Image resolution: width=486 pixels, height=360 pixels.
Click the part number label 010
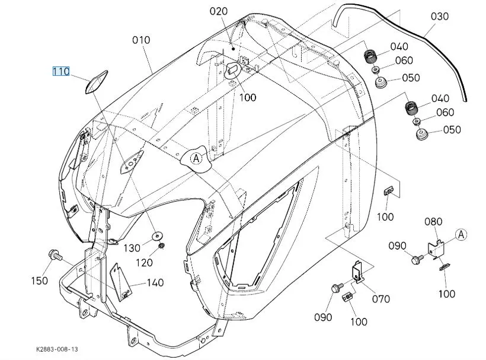click(x=141, y=40)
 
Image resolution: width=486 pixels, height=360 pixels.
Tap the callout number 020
click(x=218, y=11)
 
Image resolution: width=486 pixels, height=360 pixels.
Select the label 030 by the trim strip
click(x=439, y=17)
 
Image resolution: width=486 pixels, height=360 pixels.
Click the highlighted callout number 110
click(x=61, y=72)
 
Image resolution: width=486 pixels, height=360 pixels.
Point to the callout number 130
click(x=132, y=247)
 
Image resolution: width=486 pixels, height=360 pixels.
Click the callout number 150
click(x=40, y=281)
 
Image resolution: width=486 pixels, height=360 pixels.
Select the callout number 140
click(x=155, y=283)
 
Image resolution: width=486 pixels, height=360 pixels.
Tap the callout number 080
click(x=433, y=222)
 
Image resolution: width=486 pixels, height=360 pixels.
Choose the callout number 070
click(x=381, y=299)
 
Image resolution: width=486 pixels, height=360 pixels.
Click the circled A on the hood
click(x=196, y=158)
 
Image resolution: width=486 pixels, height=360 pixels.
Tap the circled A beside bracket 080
click(x=462, y=235)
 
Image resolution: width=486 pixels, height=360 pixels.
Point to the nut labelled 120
click(x=162, y=247)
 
